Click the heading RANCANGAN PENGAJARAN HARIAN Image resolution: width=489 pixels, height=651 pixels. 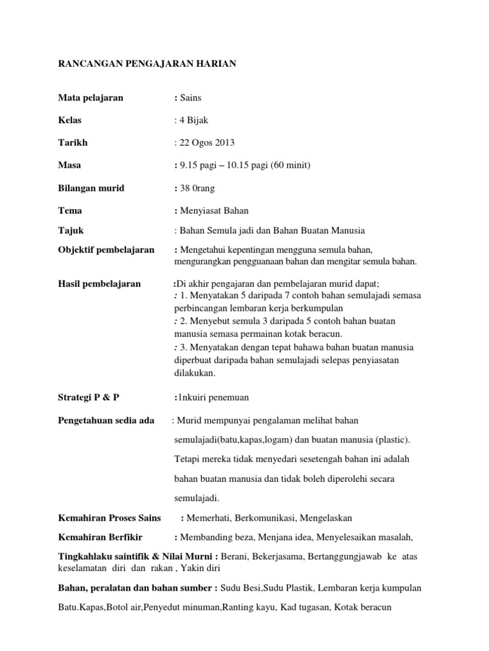tap(147, 64)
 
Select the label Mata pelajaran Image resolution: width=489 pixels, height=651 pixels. tap(90, 98)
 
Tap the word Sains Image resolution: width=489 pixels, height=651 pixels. tap(192, 98)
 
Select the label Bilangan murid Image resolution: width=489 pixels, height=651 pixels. tap(92, 188)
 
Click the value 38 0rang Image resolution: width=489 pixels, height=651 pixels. tap(201, 188)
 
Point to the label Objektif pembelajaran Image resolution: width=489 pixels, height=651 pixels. tap(106, 250)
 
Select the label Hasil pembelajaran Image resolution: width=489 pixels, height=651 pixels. tap(99, 284)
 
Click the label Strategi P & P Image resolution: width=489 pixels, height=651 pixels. tap(89, 397)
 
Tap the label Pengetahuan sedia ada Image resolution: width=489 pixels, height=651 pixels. tap(106, 420)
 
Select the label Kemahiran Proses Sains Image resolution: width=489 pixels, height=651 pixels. tap(110, 518)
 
